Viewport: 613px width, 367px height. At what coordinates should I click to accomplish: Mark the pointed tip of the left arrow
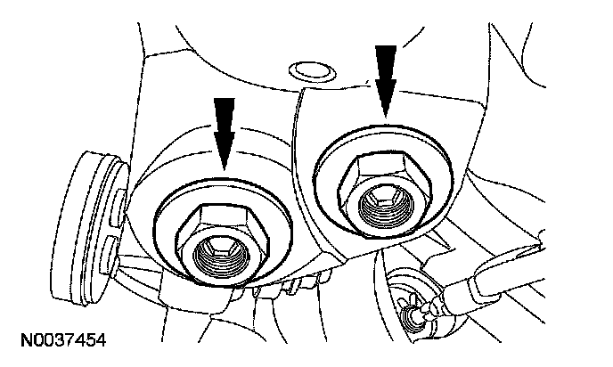click(x=226, y=168)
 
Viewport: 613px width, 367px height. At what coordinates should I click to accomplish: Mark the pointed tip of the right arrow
click(x=386, y=115)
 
